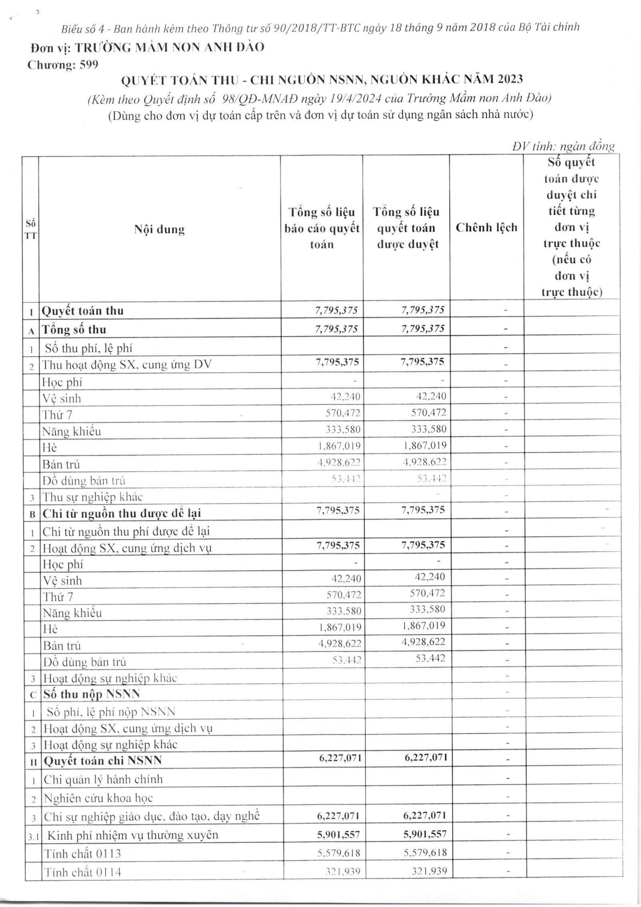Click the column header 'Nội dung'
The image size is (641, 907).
(159, 230)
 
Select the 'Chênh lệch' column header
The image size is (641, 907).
(486, 228)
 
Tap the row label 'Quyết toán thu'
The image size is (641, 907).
(83, 311)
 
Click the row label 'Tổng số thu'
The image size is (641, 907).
(74, 330)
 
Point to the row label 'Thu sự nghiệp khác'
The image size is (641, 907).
(93, 497)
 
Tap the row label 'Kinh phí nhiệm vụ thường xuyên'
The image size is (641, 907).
(133, 834)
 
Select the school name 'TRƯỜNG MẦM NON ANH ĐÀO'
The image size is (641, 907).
(170, 47)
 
